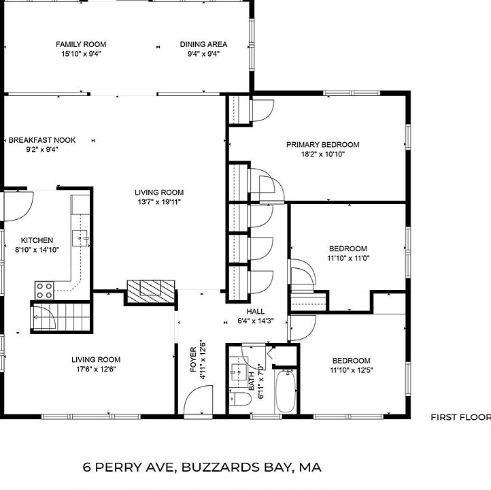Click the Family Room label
click(81, 44)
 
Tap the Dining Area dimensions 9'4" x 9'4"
click(203, 54)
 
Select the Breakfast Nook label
click(42, 140)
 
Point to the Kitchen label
click(37, 240)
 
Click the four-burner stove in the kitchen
click(44, 291)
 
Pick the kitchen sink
click(80, 238)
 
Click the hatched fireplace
click(150, 292)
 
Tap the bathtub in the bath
click(285, 391)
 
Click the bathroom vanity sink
click(238, 372)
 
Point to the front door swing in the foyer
click(198, 402)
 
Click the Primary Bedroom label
click(323, 145)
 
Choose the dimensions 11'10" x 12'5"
click(352, 370)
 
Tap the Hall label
click(256, 312)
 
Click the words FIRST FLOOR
click(460, 417)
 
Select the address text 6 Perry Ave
click(128, 467)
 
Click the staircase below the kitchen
click(61, 317)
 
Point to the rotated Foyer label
click(193, 359)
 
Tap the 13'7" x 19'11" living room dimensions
click(159, 202)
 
